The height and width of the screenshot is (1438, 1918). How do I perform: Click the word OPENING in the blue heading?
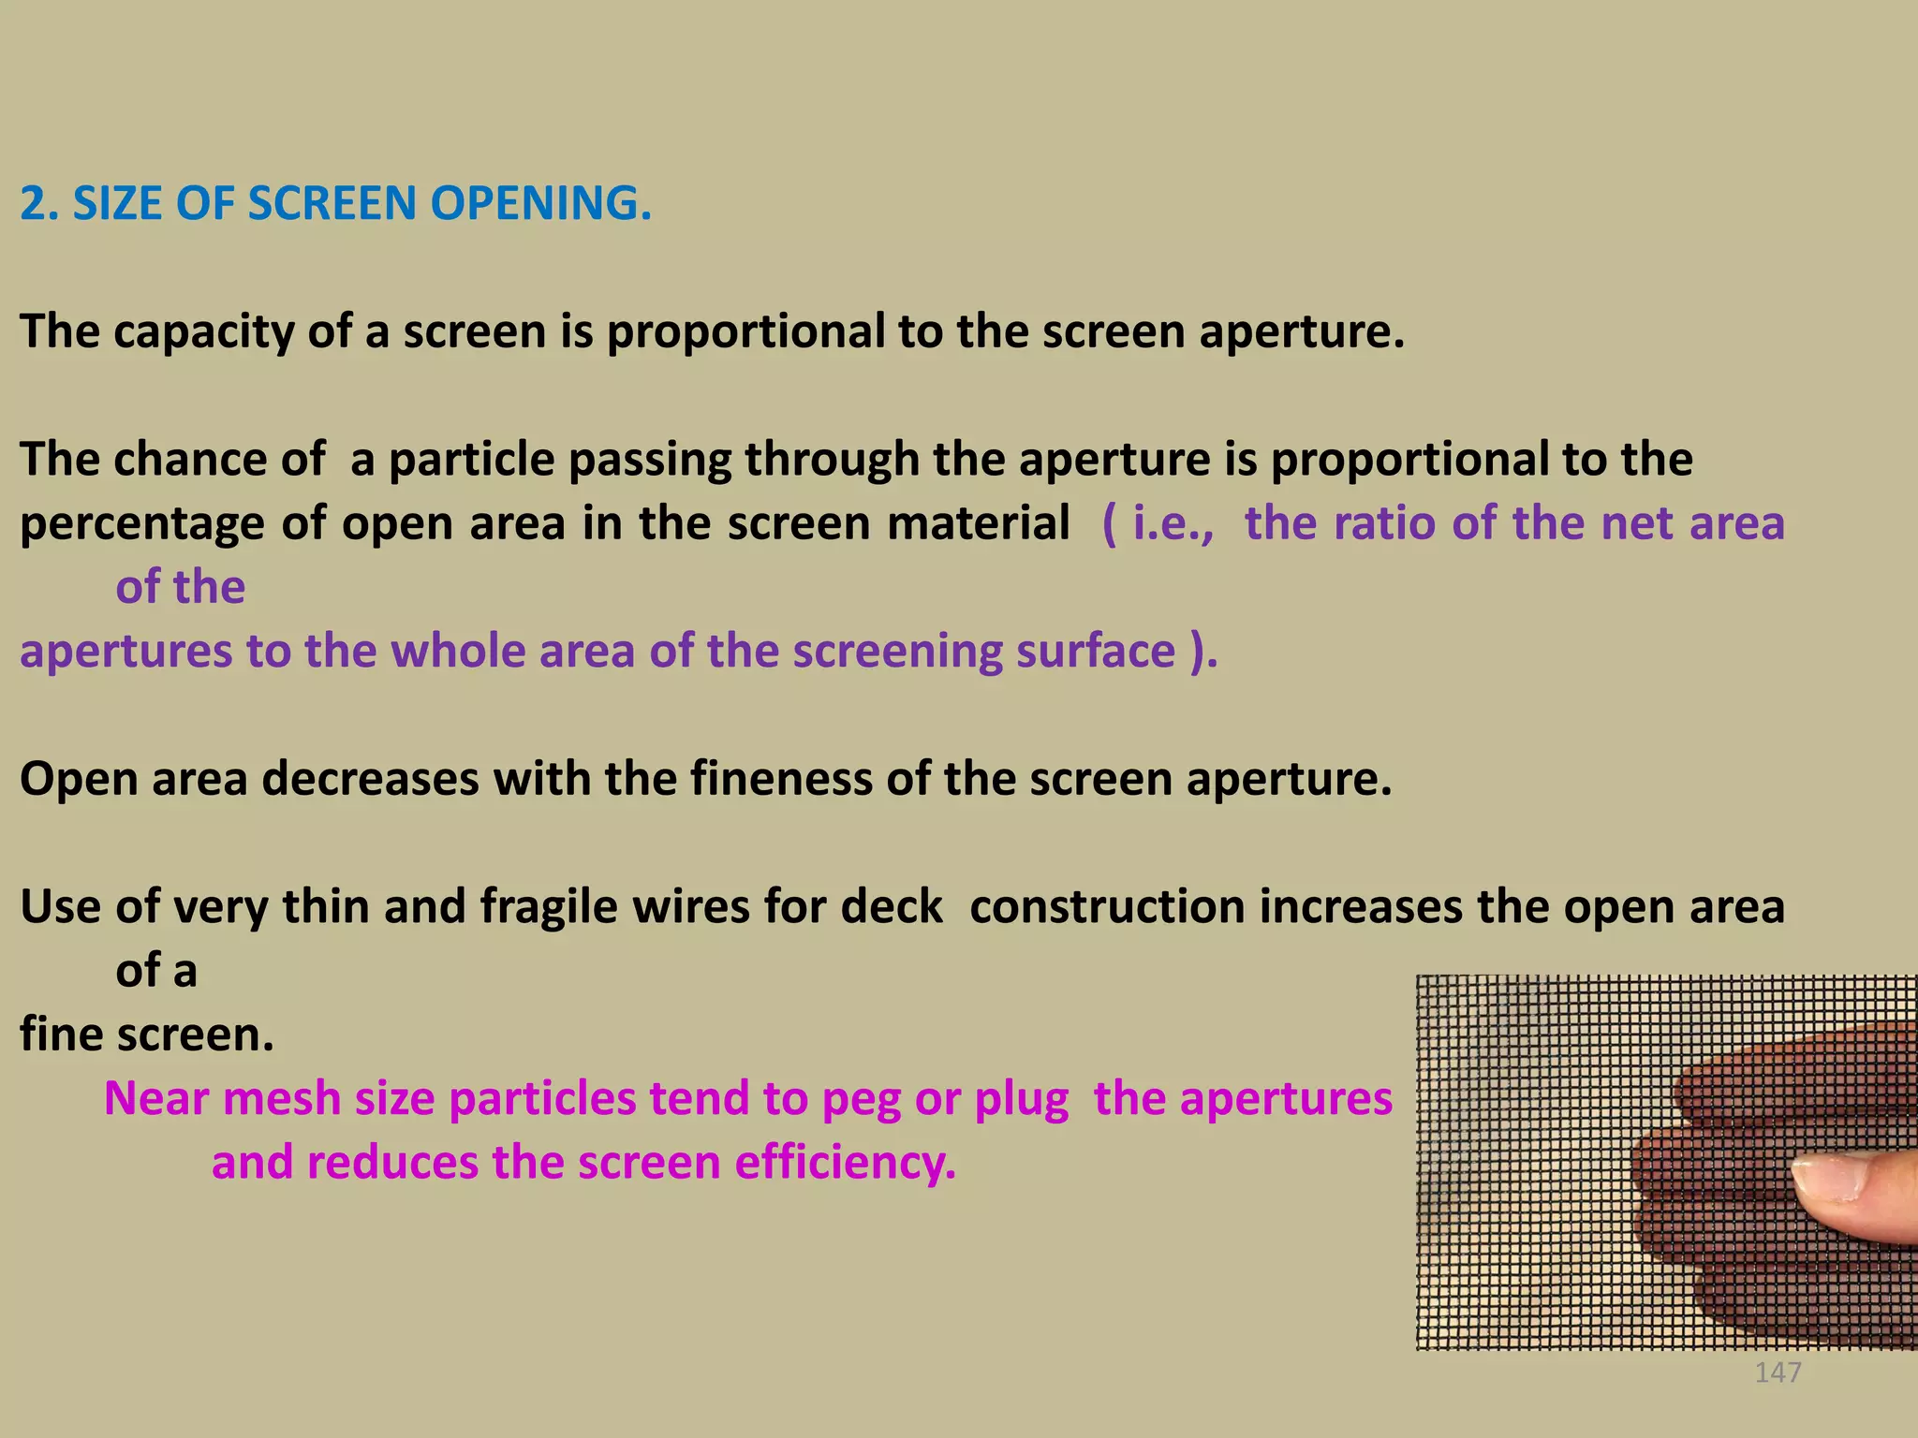[540, 203]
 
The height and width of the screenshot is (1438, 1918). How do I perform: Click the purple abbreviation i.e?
[1172, 522]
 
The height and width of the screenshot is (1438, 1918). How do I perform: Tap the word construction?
[1106, 907]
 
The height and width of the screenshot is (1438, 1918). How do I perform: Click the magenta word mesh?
[281, 1099]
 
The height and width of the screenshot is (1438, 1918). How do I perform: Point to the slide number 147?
[1778, 1372]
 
